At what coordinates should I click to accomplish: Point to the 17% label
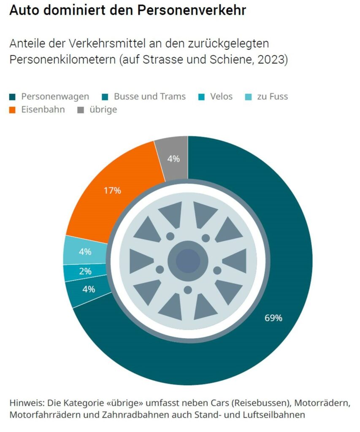pyautogui.click(x=112, y=190)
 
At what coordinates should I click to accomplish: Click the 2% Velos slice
pyautogui.click(x=85, y=272)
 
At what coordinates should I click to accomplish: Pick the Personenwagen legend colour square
pyautogui.click(x=13, y=97)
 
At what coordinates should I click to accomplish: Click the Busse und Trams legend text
pyautogui.click(x=149, y=97)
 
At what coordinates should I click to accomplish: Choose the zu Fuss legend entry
pyautogui.click(x=272, y=97)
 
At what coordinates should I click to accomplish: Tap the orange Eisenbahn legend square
pyautogui.click(x=13, y=110)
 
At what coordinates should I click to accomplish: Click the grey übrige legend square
pyautogui.click(x=81, y=110)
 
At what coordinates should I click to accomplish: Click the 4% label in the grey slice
pyautogui.click(x=173, y=159)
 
